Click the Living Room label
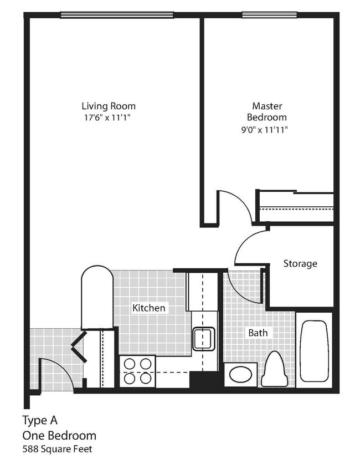pyautogui.click(x=109, y=106)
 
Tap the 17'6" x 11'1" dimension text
pyautogui.click(x=109, y=118)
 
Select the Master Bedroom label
pyautogui.click(x=267, y=111)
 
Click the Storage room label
pyautogui.click(x=300, y=263)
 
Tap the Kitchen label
pyautogui.click(x=148, y=308)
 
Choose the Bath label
pyautogui.click(x=258, y=333)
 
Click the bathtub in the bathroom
pyautogui.click(x=314, y=350)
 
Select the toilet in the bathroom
pyautogui.click(x=274, y=369)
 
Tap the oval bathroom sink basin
pyautogui.click(x=240, y=374)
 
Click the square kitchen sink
pyautogui.click(x=203, y=338)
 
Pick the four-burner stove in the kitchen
pyautogui.click(x=137, y=371)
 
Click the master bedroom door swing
pyautogui.click(x=233, y=205)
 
